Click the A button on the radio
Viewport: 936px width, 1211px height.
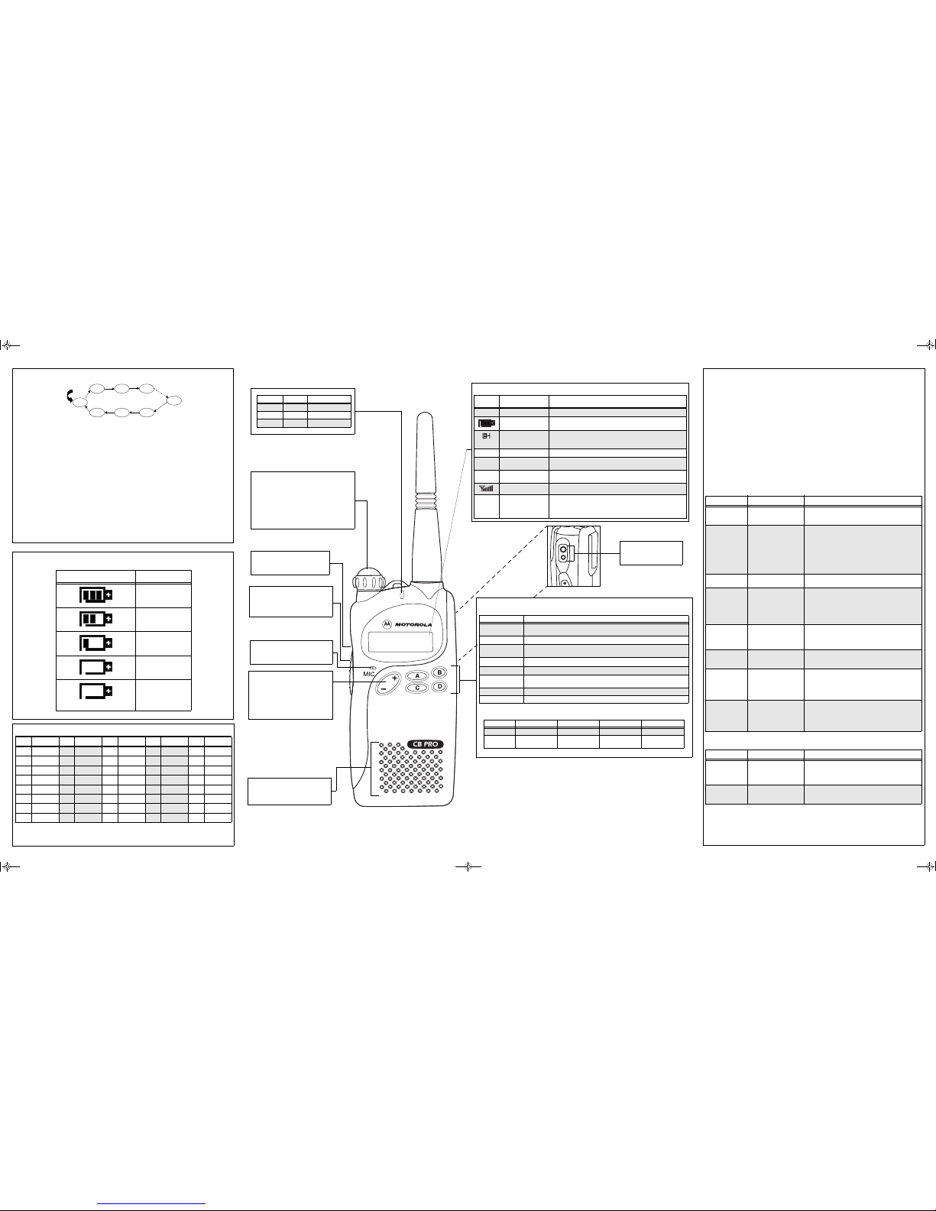416,676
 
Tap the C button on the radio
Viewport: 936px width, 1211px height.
416,688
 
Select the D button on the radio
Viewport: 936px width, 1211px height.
439,686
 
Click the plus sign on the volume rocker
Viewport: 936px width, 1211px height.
394,678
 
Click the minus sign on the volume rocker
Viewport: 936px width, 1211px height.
384,689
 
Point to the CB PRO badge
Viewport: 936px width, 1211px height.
425,744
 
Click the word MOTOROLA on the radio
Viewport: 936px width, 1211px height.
413,625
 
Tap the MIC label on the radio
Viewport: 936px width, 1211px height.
369,674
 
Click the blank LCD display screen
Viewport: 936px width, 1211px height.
400,642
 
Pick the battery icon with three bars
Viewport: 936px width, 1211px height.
96,595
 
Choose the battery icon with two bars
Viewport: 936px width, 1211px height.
96,619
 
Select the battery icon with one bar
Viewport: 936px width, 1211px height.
96,643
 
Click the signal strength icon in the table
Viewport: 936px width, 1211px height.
486,488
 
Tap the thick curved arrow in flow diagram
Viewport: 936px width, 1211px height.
69,397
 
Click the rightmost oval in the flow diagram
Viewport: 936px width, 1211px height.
174,400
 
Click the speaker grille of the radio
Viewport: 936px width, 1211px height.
411,767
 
